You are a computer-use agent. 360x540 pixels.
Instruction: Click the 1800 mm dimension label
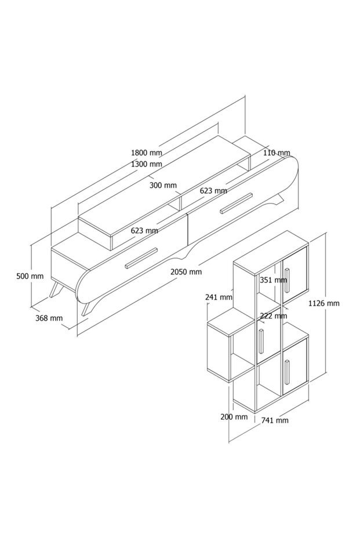pos(146,153)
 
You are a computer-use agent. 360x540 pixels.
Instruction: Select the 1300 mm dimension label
pos(146,164)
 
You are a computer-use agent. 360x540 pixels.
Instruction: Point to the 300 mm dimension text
pos(163,186)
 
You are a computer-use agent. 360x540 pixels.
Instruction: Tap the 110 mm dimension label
pos(277,153)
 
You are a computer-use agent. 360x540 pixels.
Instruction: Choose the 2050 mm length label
pos(186,271)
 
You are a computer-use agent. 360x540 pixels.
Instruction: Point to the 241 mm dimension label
pos(219,297)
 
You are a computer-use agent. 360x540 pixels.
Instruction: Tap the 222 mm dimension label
pos(273,316)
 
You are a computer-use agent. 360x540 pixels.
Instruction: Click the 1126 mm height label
pos(323,303)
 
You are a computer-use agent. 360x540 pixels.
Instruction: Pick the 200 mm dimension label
pos(234,416)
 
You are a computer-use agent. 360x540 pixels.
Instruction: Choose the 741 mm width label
pos(274,421)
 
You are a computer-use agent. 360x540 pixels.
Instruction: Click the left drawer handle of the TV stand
pos(141,258)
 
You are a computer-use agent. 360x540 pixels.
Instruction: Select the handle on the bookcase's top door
pos(286,281)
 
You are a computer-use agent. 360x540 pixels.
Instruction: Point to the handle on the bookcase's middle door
pos(262,340)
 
